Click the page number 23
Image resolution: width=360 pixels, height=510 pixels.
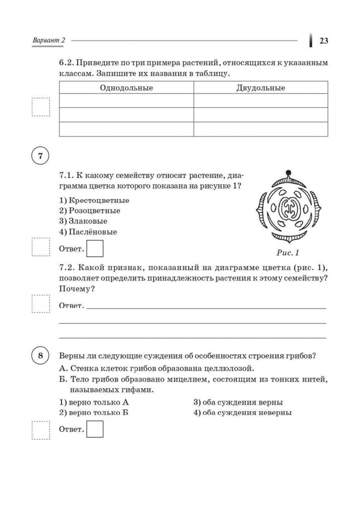pos(324,41)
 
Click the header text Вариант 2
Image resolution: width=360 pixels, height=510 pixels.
pos(49,41)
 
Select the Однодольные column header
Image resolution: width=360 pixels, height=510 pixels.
pos(126,88)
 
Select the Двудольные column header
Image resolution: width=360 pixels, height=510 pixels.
pos(260,88)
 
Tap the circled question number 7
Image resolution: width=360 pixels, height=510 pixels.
pos(41,156)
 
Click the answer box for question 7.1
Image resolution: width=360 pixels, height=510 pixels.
pos(96,248)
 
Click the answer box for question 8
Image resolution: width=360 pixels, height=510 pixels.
pos(96,429)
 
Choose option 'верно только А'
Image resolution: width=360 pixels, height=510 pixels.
pos(94,402)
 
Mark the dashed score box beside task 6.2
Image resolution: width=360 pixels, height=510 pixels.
pos(41,107)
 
